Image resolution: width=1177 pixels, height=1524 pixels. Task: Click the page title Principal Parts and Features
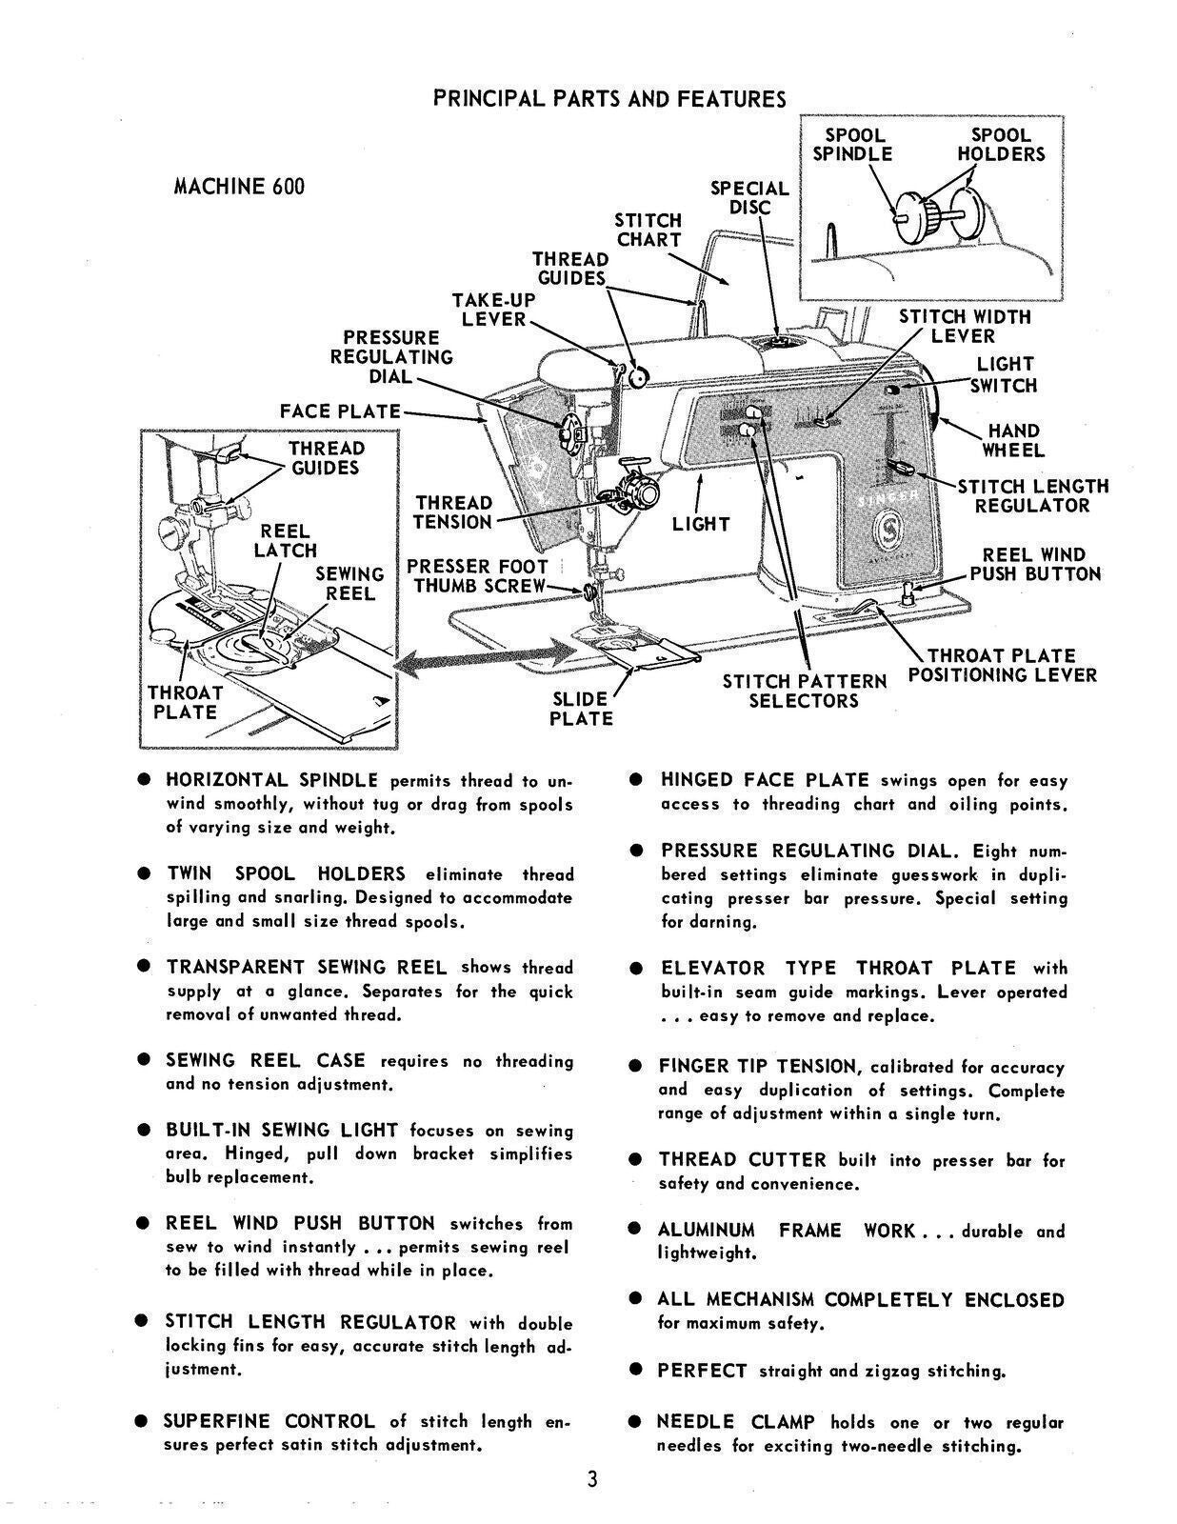(x=609, y=99)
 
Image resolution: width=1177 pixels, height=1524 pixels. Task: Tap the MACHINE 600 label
(x=238, y=187)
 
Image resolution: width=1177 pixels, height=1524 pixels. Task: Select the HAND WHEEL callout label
(x=1013, y=441)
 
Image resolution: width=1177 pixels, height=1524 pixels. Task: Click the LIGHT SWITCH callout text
(x=1005, y=375)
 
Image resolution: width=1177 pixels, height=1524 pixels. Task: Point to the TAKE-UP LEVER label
(x=492, y=310)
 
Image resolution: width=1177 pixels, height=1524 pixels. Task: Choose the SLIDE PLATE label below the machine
(x=580, y=709)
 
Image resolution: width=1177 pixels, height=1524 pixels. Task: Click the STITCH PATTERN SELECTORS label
(x=804, y=692)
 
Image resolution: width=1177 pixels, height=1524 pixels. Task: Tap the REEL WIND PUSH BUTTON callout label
(x=1034, y=565)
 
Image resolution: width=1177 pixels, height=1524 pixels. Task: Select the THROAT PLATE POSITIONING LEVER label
(x=1002, y=666)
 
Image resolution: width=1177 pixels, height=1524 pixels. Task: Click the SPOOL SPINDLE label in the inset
(x=852, y=145)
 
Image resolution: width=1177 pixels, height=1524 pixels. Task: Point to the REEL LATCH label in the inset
(x=285, y=540)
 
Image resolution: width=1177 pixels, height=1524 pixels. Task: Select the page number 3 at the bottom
(x=591, y=1480)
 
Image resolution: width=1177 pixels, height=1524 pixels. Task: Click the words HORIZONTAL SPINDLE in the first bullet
(x=271, y=780)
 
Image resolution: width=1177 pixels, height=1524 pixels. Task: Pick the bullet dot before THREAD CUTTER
(x=635, y=1160)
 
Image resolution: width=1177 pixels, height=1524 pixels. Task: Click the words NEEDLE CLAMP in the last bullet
(x=735, y=1422)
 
